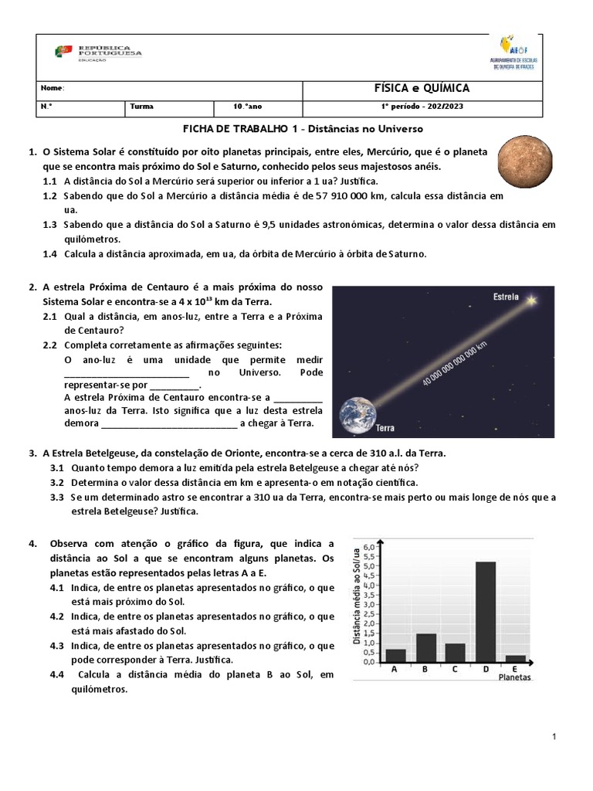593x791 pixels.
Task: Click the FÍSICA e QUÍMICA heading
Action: pos(421,89)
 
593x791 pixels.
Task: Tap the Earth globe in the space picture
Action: pos(357,415)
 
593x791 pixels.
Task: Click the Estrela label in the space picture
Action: pos(506,297)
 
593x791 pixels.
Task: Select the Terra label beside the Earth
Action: pos(385,428)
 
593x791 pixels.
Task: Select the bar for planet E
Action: pos(515,658)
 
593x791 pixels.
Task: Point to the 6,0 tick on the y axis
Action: pos(368,546)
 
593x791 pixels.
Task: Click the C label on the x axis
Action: pos(456,670)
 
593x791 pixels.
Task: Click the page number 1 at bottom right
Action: pos(554,738)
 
